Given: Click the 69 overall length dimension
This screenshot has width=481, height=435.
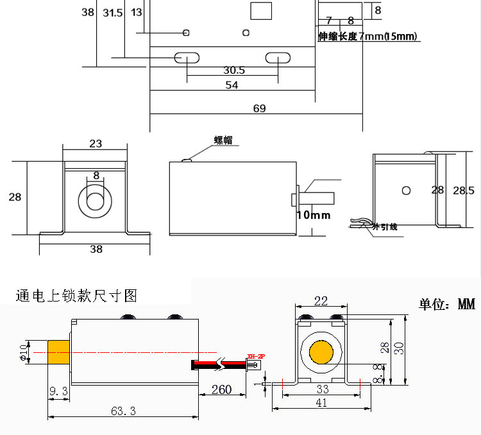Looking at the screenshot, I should [x=259, y=108].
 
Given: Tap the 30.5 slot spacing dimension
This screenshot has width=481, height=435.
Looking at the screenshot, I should [x=234, y=70].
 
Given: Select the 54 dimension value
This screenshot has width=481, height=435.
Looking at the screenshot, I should [x=232, y=85].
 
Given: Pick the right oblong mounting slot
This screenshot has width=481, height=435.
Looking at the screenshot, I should [x=278, y=58].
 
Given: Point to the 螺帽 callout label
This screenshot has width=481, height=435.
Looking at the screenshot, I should [x=223, y=141].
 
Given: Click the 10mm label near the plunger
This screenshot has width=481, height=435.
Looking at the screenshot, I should [x=314, y=215].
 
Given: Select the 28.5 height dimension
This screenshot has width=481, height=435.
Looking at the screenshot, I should [x=463, y=191].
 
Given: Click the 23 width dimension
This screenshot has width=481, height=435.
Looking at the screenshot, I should [x=96, y=144].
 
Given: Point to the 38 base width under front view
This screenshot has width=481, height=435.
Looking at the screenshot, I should [x=96, y=249].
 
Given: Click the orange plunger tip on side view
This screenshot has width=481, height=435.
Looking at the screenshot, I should [x=59, y=354].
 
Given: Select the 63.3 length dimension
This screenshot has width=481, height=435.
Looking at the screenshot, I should [x=122, y=411].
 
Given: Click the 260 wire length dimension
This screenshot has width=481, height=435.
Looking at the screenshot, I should [x=221, y=389].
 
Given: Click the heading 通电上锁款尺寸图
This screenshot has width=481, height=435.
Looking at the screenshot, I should [x=77, y=296].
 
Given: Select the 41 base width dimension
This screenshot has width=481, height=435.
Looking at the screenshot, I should [x=321, y=403].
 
